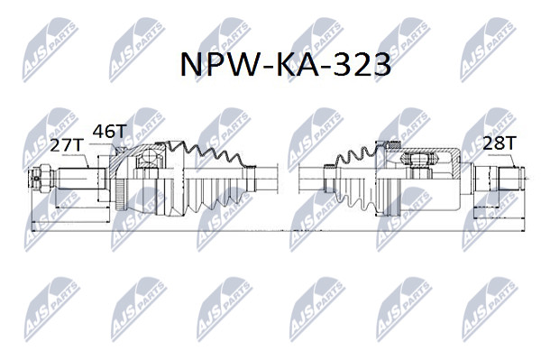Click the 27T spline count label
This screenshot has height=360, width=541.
tap(68, 145)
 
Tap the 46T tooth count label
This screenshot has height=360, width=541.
tap(109, 131)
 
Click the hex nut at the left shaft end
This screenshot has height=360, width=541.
tap(45, 179)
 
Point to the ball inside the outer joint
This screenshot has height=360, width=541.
tap(150, 156)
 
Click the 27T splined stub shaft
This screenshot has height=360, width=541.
tap(81, 178)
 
